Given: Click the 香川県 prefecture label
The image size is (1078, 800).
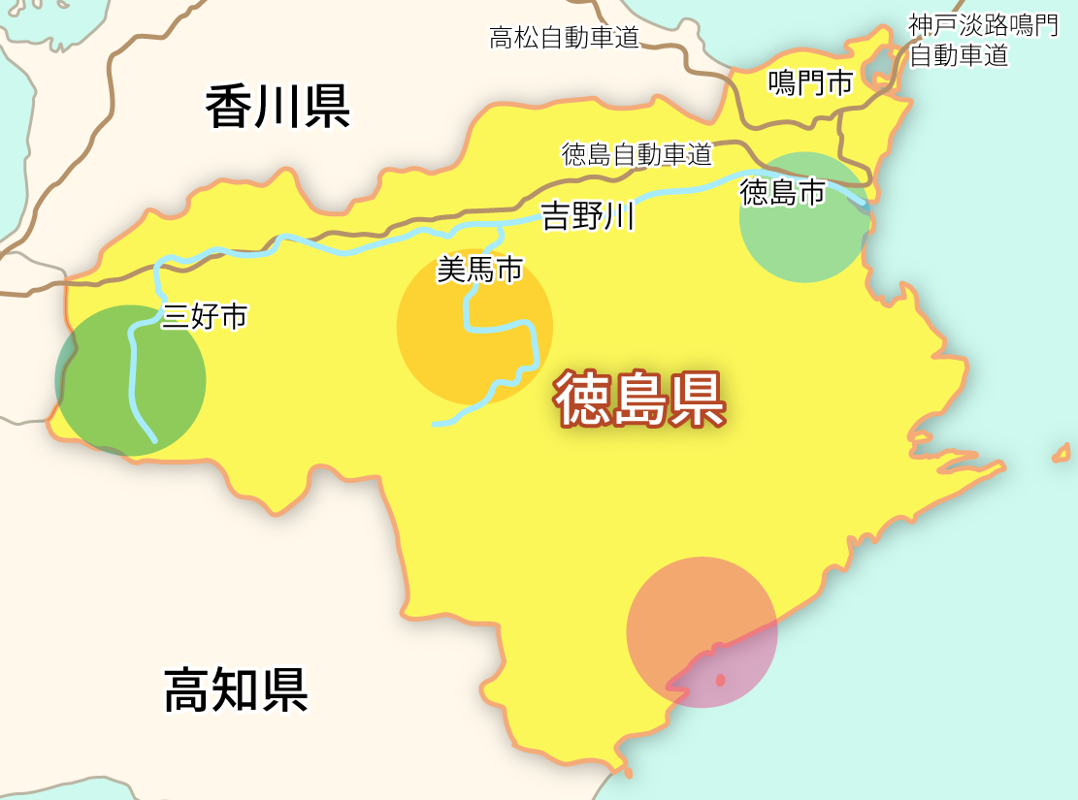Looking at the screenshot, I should pyautogui.click(x=278, y=107).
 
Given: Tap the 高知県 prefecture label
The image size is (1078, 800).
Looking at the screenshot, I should pyautogui.click(x=236, y=689).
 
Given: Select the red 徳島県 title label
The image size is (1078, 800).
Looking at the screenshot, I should pyautogui.click(x=640, y=400).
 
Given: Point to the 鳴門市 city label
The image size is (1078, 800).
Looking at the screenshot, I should pyautogui.click(x=810, y=83).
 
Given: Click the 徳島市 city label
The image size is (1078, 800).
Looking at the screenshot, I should pyautogui.click(x=782, y=193).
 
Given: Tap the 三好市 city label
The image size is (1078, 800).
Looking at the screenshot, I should pyautogui.click(x=205, y=316).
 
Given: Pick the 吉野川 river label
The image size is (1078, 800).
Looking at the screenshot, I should pyautogui.click(x=588, y=215).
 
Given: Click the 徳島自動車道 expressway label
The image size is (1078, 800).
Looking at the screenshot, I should pyautogui.click(x=637, y=154).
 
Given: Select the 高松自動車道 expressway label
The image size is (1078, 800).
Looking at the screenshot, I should pyautogui.click(x=564, y=38).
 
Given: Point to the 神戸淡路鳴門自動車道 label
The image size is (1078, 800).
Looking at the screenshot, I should pyautogui.click(x=982, y=41).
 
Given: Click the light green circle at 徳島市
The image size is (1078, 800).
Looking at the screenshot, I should pyautogui.click(x=804, y=218).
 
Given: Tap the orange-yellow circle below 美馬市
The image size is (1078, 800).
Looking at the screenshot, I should pyautogui.click(x=474, y=327).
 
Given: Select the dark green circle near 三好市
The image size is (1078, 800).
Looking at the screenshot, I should pyautogui.click(x=131, y=380).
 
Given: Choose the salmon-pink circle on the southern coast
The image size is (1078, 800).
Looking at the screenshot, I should pyautogui.click(x=702, y=631).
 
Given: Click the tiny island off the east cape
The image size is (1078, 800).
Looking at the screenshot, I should pyautogui.click(x=1061, y=454).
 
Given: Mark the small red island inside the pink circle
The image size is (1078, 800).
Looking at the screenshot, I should pyautogui.click(x=720, y=681).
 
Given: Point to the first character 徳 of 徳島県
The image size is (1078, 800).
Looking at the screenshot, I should pyautogui.click(x=583, y=400).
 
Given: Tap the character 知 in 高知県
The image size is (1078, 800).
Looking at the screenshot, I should pyautogui.click(x=236, y=689).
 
